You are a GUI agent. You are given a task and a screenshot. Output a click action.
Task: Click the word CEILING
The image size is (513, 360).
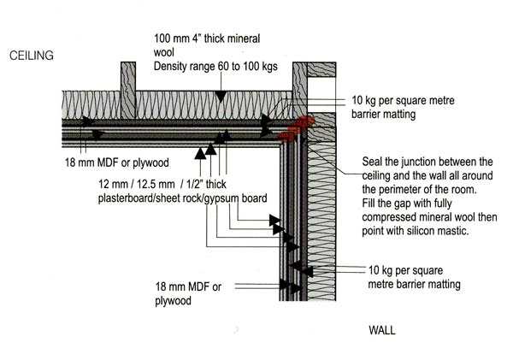[x=32, y=56]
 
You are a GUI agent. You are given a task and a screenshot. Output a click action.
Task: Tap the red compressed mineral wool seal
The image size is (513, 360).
[x=292, y=128]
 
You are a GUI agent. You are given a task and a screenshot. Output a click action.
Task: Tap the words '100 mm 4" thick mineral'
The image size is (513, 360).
[x=209, y=38]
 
